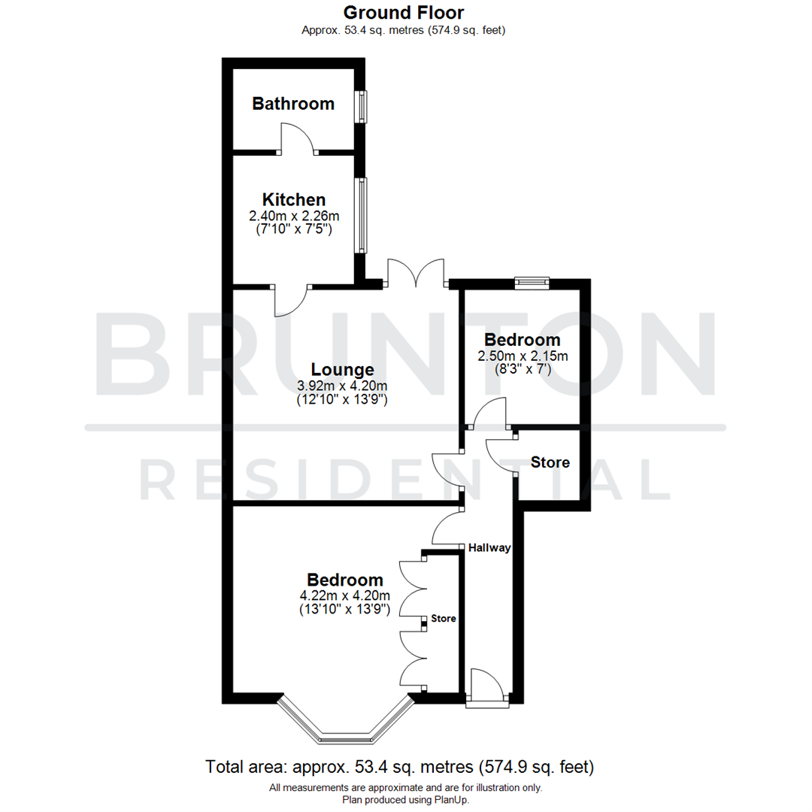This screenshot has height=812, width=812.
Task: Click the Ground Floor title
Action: click(x=404, y=13)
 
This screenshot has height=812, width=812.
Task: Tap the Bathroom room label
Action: click(x=293, y=104)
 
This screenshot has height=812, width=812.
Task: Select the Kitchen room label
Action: click(x=293, y=200)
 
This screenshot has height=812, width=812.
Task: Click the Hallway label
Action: click(x=489, y=548)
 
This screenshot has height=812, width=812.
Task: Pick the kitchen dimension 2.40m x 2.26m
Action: click(x=294, y=216)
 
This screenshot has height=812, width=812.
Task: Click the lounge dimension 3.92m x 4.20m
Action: click(x=343, y=386)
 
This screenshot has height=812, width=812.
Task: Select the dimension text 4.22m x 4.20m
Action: click(x=345, y=596)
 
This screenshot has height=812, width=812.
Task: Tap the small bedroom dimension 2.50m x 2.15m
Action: click(x=523, y=356)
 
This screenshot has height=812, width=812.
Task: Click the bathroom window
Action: click(x=362, y=107)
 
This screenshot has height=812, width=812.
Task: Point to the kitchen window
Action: click(x=362, y=215)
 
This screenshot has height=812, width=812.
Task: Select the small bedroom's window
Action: click(x=532, y=283)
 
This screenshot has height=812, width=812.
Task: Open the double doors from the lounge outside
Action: click(x=416, y=272)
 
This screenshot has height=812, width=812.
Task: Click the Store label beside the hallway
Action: click(x=550, y=462)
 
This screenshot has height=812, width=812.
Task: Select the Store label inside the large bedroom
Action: click(x=444, y=619)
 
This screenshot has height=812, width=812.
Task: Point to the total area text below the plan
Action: click(x=400, y=768)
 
